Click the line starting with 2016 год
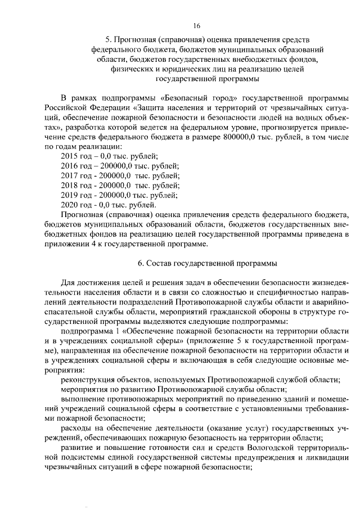coord(119,165)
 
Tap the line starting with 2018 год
coord(120,185)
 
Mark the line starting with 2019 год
coord(119,195)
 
